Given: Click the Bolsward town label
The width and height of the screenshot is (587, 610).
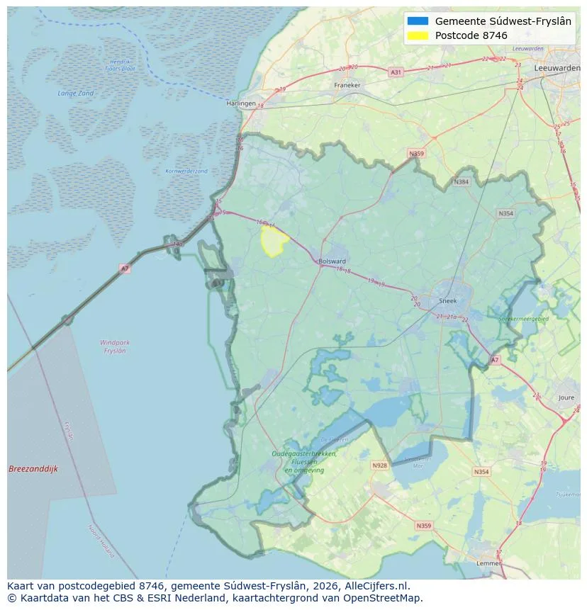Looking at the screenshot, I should point(332,261).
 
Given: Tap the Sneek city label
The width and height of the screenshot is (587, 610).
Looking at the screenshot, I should point(448,300).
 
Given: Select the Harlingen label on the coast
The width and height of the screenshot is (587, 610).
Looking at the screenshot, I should point(240,103).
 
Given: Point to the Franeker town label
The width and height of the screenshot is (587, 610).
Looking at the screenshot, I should point(347,85).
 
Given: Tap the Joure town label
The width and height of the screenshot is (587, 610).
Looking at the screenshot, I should point(566,398).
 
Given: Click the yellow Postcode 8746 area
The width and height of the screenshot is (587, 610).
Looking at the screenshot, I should point(273,241).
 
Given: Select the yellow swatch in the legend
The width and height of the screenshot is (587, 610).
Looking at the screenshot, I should point(418,35).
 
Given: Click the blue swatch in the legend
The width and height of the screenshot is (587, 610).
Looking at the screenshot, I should point(418,21).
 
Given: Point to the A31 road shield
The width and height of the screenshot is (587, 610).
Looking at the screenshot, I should point(396,72).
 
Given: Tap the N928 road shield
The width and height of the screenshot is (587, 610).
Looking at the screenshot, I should point(380,465).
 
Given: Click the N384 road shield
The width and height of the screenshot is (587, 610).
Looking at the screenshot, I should point(462,182).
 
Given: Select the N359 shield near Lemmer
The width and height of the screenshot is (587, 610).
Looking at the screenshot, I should point(423,525).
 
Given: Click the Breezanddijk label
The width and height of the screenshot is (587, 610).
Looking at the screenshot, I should point(33,469).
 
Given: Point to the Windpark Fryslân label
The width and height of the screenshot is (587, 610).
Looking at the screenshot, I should point(114,346).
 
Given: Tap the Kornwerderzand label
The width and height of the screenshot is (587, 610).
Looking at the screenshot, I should point(186,171).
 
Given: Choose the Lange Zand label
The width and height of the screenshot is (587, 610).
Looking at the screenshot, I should point(76,94).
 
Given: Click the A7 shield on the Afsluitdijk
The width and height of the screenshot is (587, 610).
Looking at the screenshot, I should point(125,269).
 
